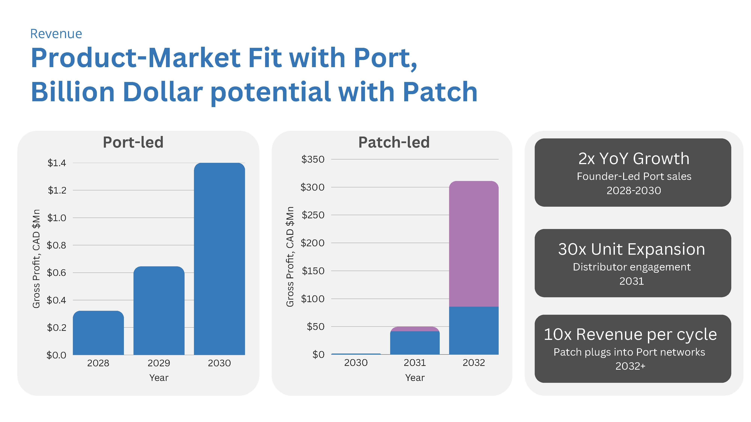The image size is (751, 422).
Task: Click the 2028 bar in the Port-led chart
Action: pos(98,333)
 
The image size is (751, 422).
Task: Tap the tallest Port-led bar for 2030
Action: pos(219,259)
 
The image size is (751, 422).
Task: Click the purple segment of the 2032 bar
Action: pos(474,244)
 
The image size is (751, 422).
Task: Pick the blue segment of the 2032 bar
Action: pos(474,330)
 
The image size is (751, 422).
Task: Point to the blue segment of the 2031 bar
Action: pos(415,343)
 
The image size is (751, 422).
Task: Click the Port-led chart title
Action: pos(133,142)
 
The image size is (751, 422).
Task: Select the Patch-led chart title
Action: pos(394,142)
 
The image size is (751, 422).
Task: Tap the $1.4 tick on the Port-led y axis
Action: pos(57,163)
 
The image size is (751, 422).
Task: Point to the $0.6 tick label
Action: pos(57,273)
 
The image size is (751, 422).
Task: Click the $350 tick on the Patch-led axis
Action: pos(313,159)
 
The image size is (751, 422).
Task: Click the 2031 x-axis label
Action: pos(415,363)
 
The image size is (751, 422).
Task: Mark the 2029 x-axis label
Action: pos(159,363)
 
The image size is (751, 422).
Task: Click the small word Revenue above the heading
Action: pos(56,34)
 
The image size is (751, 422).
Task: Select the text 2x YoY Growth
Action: pos(634,159)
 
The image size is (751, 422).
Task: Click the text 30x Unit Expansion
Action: pos(631,249)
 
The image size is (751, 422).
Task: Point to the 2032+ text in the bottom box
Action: pos(630,366)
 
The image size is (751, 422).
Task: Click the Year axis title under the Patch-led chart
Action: pos(415,378)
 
